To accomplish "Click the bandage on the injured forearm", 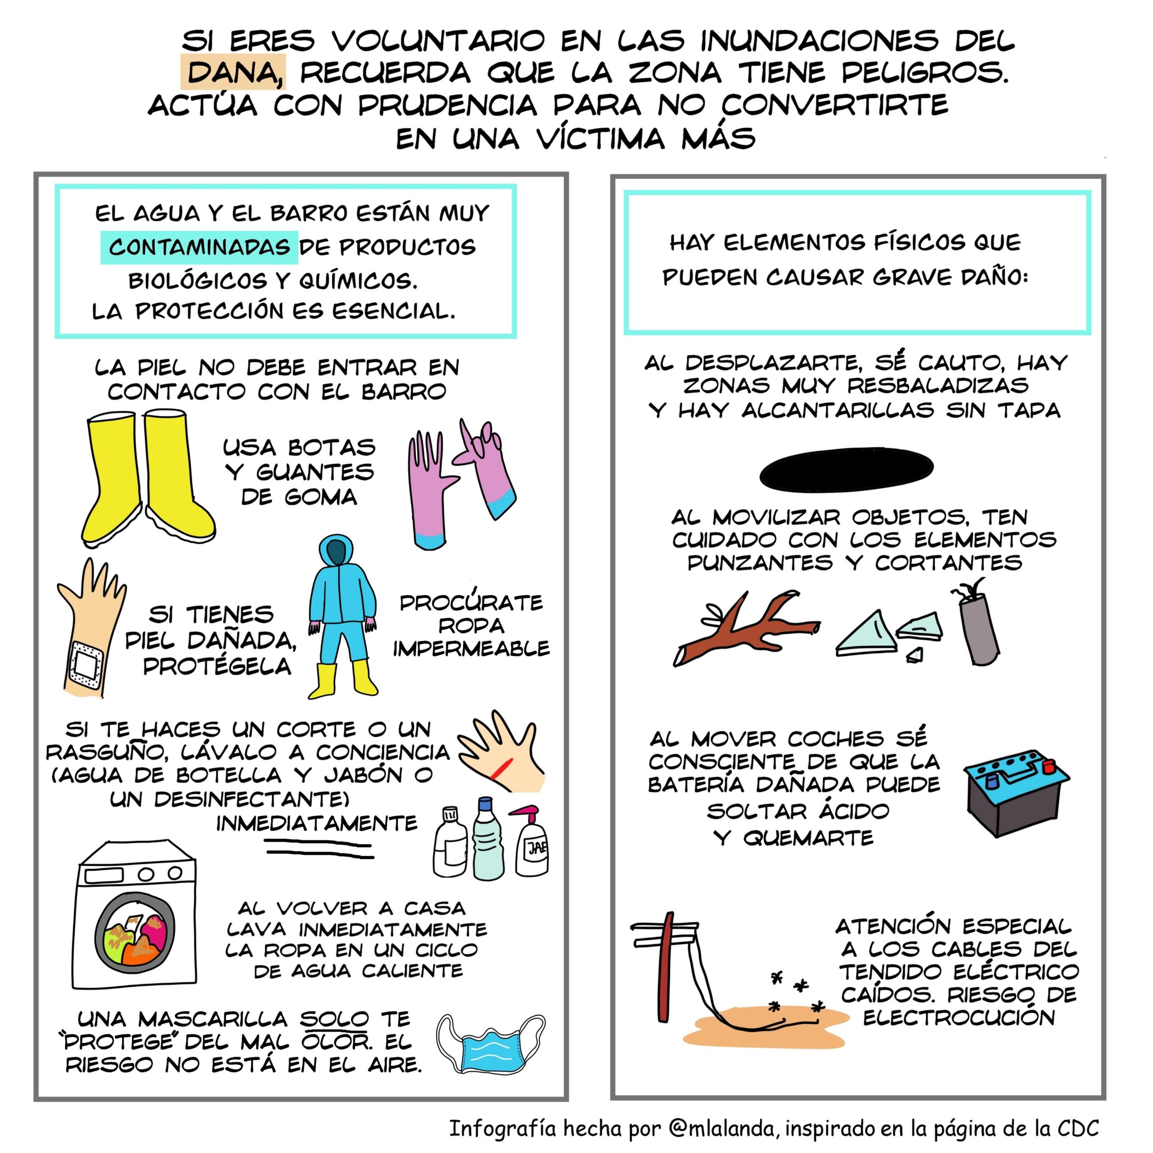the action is coord(87,663).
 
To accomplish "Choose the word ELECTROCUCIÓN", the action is coord(959,1017).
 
